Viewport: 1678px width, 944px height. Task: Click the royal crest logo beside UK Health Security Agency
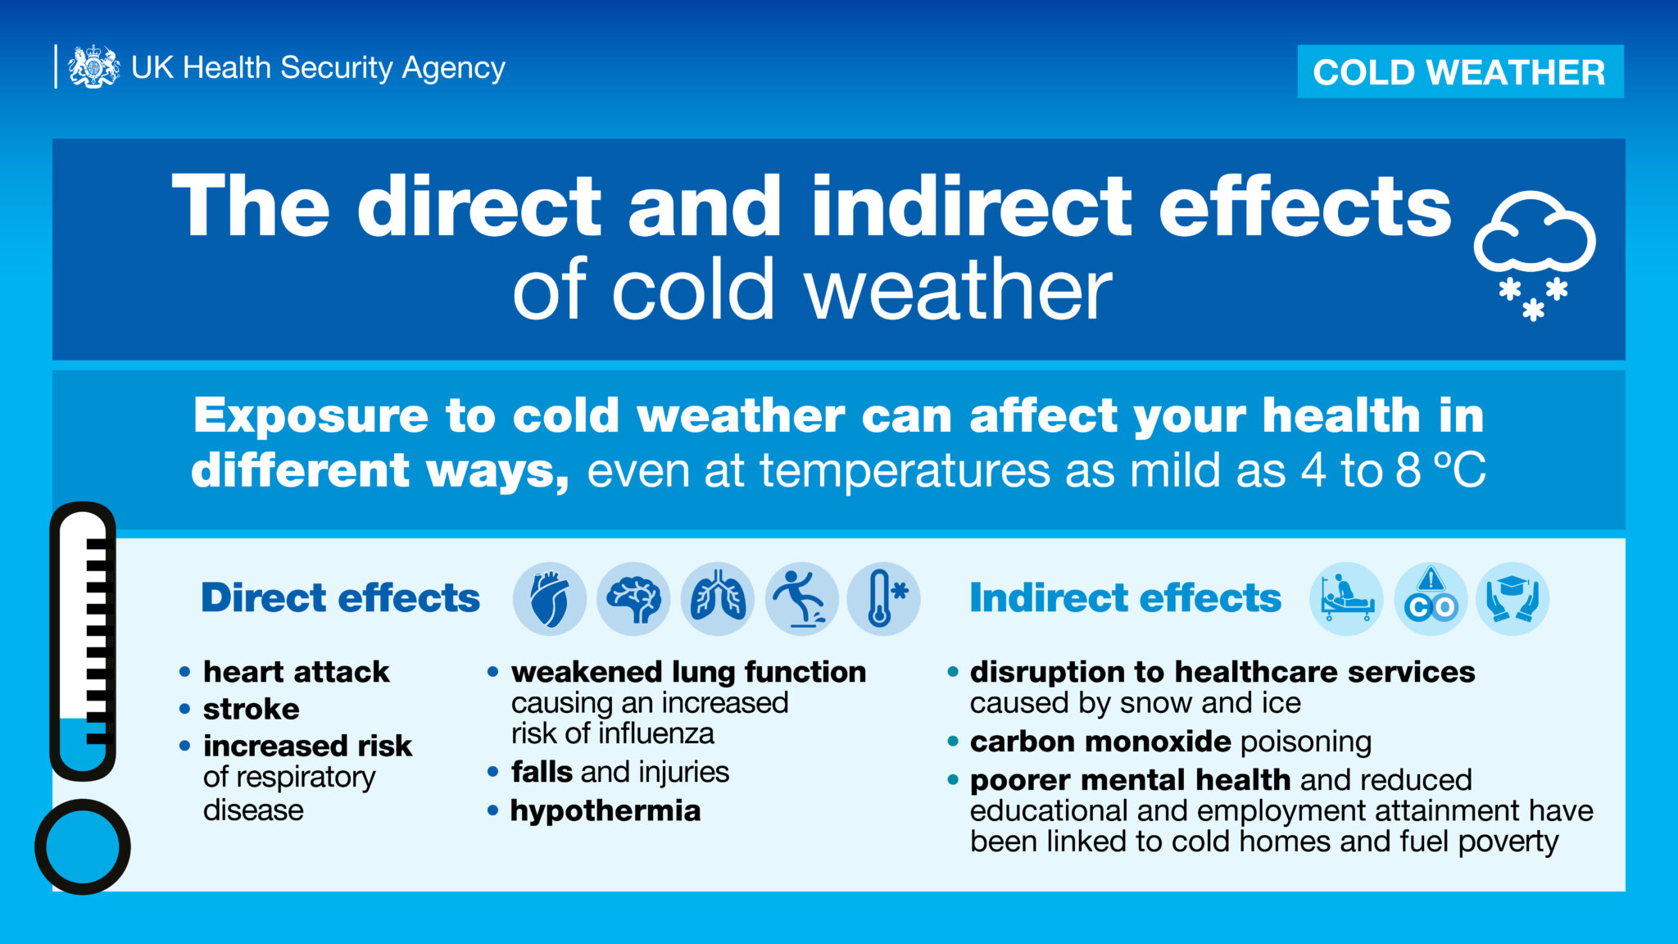click(93, 66)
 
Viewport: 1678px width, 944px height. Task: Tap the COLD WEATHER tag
click(1460, 71)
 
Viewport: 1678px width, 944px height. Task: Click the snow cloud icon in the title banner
click(1534, 255)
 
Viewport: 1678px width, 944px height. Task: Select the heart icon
click(550, 599)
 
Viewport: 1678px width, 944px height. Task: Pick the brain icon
click(633, 599)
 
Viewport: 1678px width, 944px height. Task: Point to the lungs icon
click(718, 599)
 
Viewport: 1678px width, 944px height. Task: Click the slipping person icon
click(801, 599)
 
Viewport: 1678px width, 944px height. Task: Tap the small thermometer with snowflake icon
click(884, 599)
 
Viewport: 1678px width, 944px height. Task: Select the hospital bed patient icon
click(1347, 599)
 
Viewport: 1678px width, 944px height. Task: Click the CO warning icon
click(1431, 599)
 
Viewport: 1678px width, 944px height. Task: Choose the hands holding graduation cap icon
click(1513, 599)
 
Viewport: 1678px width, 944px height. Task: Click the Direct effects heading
click(340, 597)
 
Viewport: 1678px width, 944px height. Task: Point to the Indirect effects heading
click(1125, 597)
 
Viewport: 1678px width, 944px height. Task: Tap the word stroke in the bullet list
click(252, 709)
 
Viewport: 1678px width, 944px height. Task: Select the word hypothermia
click(605, 811)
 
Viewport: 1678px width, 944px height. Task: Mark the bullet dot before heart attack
click(185, 673)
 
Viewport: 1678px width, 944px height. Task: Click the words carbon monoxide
click(1100, 742)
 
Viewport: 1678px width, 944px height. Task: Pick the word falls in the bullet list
click(542, 772)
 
